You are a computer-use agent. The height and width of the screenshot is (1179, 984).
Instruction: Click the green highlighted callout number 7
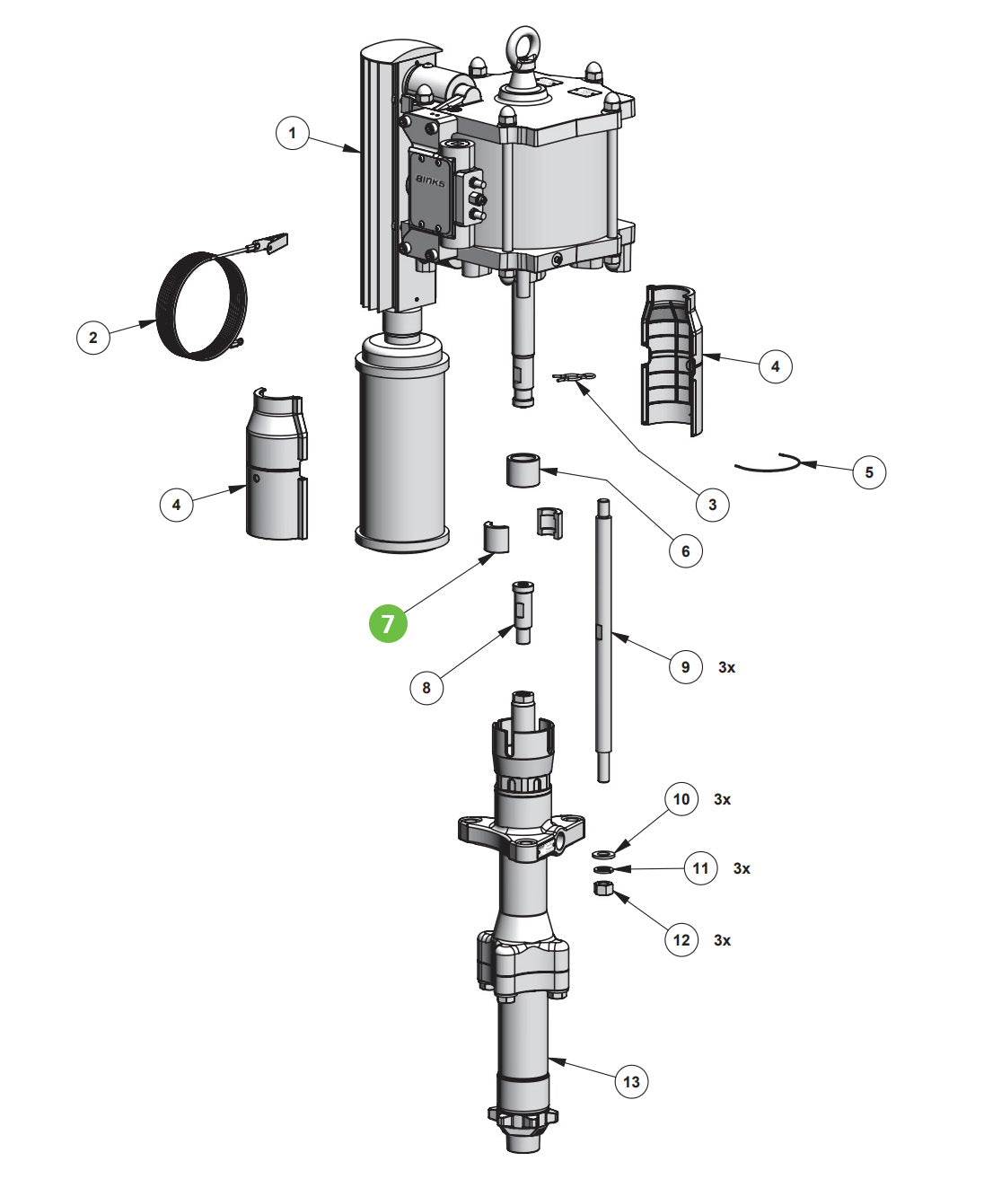(388, 622)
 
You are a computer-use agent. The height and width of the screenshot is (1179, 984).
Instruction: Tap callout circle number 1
(292, 134)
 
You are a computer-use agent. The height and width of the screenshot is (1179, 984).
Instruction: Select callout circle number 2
(92, 338)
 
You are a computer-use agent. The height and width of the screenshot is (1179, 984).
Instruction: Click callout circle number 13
(631, 1081)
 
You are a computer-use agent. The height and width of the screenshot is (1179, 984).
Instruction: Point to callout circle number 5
(868, 471)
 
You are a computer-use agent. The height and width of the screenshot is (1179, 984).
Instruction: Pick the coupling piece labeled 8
(522, 610)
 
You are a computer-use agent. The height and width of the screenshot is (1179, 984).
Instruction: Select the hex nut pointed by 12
(603, 889)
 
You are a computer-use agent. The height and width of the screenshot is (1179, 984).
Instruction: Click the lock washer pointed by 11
(602, 869)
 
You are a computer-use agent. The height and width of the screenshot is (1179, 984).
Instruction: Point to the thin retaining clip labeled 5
(768, 462)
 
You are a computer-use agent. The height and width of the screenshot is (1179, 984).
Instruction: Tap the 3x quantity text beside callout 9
(726, 667)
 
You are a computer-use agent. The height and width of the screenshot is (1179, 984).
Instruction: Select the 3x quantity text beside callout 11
(742, 868)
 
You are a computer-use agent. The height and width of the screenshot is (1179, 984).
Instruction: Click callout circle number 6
(685, 550)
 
